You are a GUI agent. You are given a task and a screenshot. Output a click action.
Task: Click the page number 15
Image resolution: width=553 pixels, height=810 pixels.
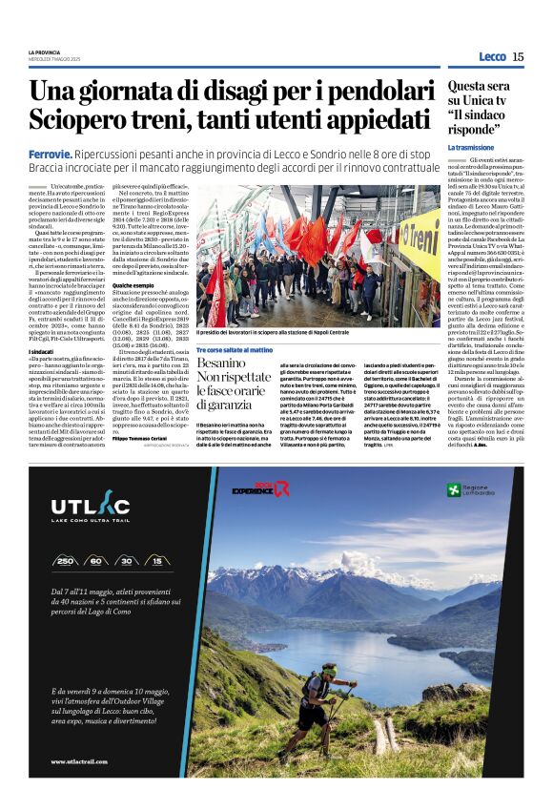[518, 57]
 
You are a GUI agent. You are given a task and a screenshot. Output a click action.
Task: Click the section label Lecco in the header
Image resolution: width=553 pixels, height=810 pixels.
[492, 57]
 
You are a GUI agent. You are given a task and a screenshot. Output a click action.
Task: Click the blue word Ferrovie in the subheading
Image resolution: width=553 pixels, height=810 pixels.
[50, 153]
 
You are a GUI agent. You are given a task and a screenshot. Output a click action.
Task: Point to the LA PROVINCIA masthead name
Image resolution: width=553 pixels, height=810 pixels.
[44, 52]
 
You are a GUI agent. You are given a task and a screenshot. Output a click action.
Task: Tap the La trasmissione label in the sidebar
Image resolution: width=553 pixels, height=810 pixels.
[471, 148]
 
